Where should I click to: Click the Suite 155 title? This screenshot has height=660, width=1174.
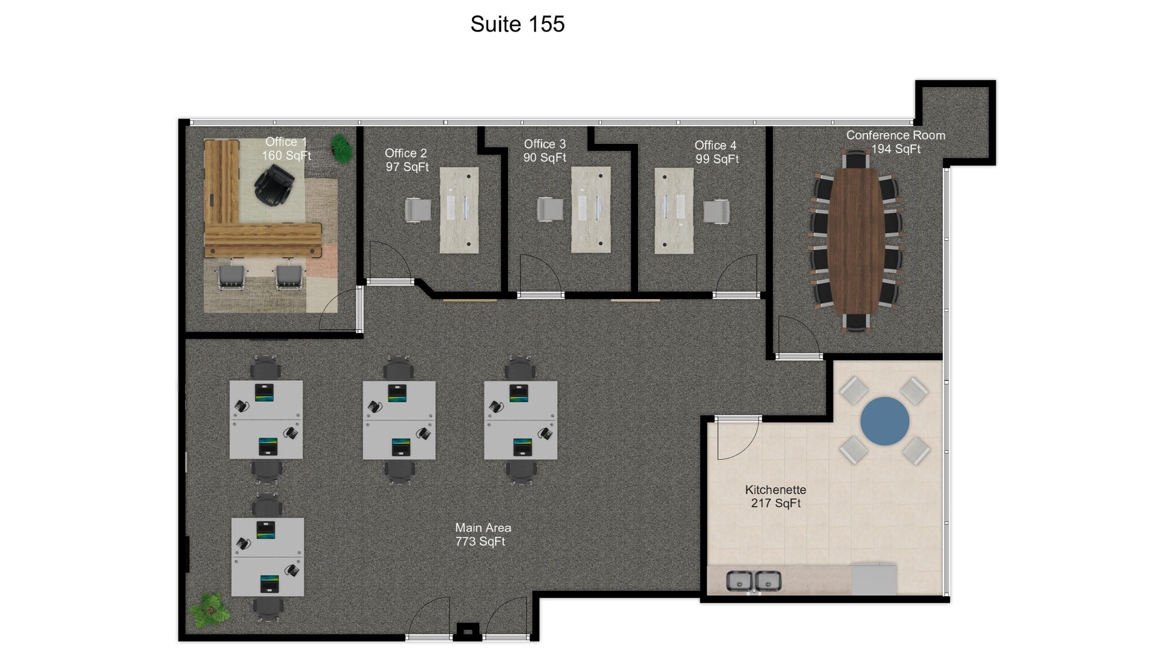[x=518, y=24]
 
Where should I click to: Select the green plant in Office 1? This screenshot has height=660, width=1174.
[x=342, y=148]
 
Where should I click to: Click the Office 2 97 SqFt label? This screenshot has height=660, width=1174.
[x=406, y=160]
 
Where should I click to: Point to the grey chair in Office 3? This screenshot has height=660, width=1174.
[x=550, y=209]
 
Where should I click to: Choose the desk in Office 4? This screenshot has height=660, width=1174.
[x=674, y=210]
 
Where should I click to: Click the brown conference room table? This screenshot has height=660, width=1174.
[x=856, y=241]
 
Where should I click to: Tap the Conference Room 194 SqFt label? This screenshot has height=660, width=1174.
[x=895, y=142]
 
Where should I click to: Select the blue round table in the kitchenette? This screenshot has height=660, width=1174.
[x=885, y=421]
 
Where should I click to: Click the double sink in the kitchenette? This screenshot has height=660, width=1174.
[x=753, y=581]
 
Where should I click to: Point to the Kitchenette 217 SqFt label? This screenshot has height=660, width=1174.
[x=776, y=496]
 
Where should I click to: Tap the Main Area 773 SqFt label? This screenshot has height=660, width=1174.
[x=483, y=535]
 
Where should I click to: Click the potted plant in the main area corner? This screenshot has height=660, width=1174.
[x=210, y=610]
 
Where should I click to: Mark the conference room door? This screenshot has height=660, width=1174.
[x=798, y=336]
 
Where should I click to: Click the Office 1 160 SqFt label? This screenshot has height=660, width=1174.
[x=286, y=148]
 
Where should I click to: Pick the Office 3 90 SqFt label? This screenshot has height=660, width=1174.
[x=545, y=151]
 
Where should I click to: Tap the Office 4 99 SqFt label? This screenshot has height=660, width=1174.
[x=717, y=152]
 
